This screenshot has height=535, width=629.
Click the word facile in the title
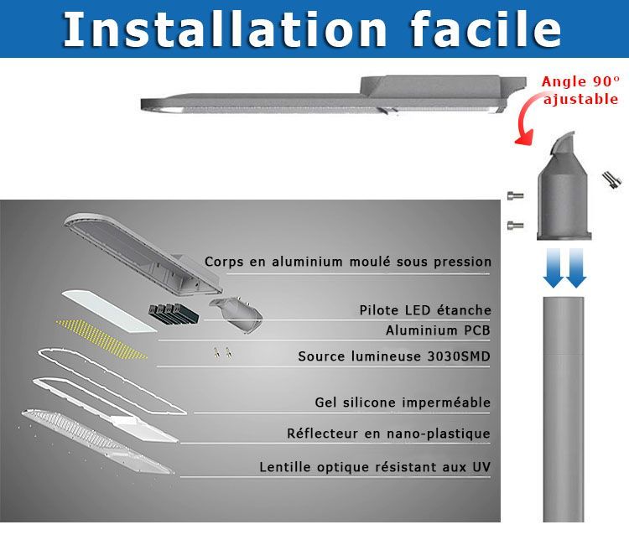(486, 29)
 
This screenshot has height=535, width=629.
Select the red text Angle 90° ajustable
(580, 91)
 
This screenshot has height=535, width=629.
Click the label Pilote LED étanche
(425, 310)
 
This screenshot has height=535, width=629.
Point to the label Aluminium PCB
(438, 330)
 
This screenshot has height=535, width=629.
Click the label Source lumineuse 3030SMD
(394, 356)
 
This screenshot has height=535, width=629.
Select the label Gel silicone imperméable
(403, 403)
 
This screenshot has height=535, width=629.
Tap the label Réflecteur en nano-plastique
(388, 434)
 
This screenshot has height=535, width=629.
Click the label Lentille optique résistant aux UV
(375, 467)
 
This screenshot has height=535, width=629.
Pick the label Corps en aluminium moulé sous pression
(348, 262)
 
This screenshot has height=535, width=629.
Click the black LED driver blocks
(174, 314)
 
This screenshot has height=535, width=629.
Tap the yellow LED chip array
(101, 339)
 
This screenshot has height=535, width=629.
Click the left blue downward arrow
(554, 267)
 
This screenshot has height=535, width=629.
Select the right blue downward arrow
(576, 267)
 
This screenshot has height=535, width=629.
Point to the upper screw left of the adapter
(516, 195)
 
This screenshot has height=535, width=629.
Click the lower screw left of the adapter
(516, 225)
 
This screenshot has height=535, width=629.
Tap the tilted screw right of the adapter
(611, 180)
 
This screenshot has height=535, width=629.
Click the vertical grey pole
(564, 409)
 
